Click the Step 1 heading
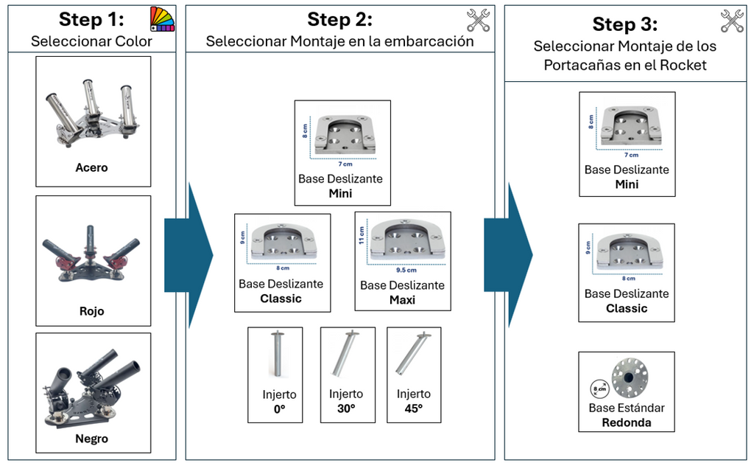coord(91,19)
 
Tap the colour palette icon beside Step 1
coord(162,18)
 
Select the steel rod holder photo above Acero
coord(93,108)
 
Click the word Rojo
coord(92,311)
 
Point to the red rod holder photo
coord(91,254)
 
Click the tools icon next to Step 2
coord(479,20)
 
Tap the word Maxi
coord(402,300)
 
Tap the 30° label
coord(346,408)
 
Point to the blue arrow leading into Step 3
coord(509,255)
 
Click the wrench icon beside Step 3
coord(732,21)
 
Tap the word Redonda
coord(627,423)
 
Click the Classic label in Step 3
coord(627,308)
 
